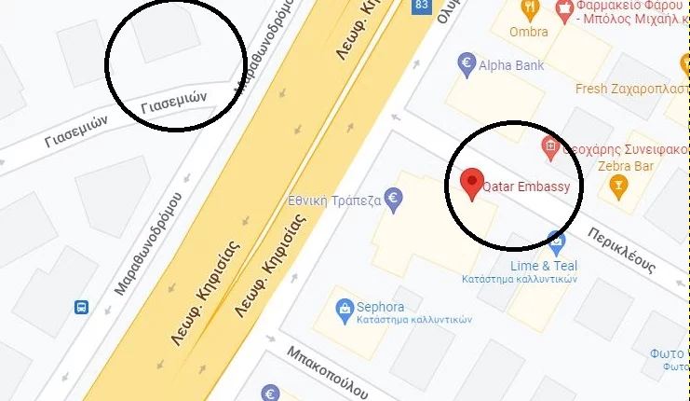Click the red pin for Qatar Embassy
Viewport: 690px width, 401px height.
(473, 182)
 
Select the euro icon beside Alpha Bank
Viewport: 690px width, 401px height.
(467, 64)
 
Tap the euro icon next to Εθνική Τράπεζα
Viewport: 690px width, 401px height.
(395, 199)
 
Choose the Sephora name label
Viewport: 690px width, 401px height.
(380, 307)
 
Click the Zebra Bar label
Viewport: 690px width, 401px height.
(616, 166)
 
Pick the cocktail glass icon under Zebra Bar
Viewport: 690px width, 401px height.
(616, 187)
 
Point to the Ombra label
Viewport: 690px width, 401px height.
(529, 32)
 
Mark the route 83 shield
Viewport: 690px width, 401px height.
(423, 7)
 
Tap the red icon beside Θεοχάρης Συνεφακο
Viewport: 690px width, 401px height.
(550, 146)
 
